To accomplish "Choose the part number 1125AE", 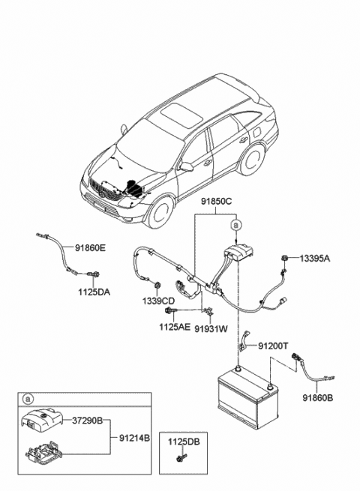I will [173, 327].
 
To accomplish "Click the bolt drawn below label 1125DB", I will [179, 459].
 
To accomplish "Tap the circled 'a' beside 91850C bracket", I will [236, 224].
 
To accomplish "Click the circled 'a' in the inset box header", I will [28, 399].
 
